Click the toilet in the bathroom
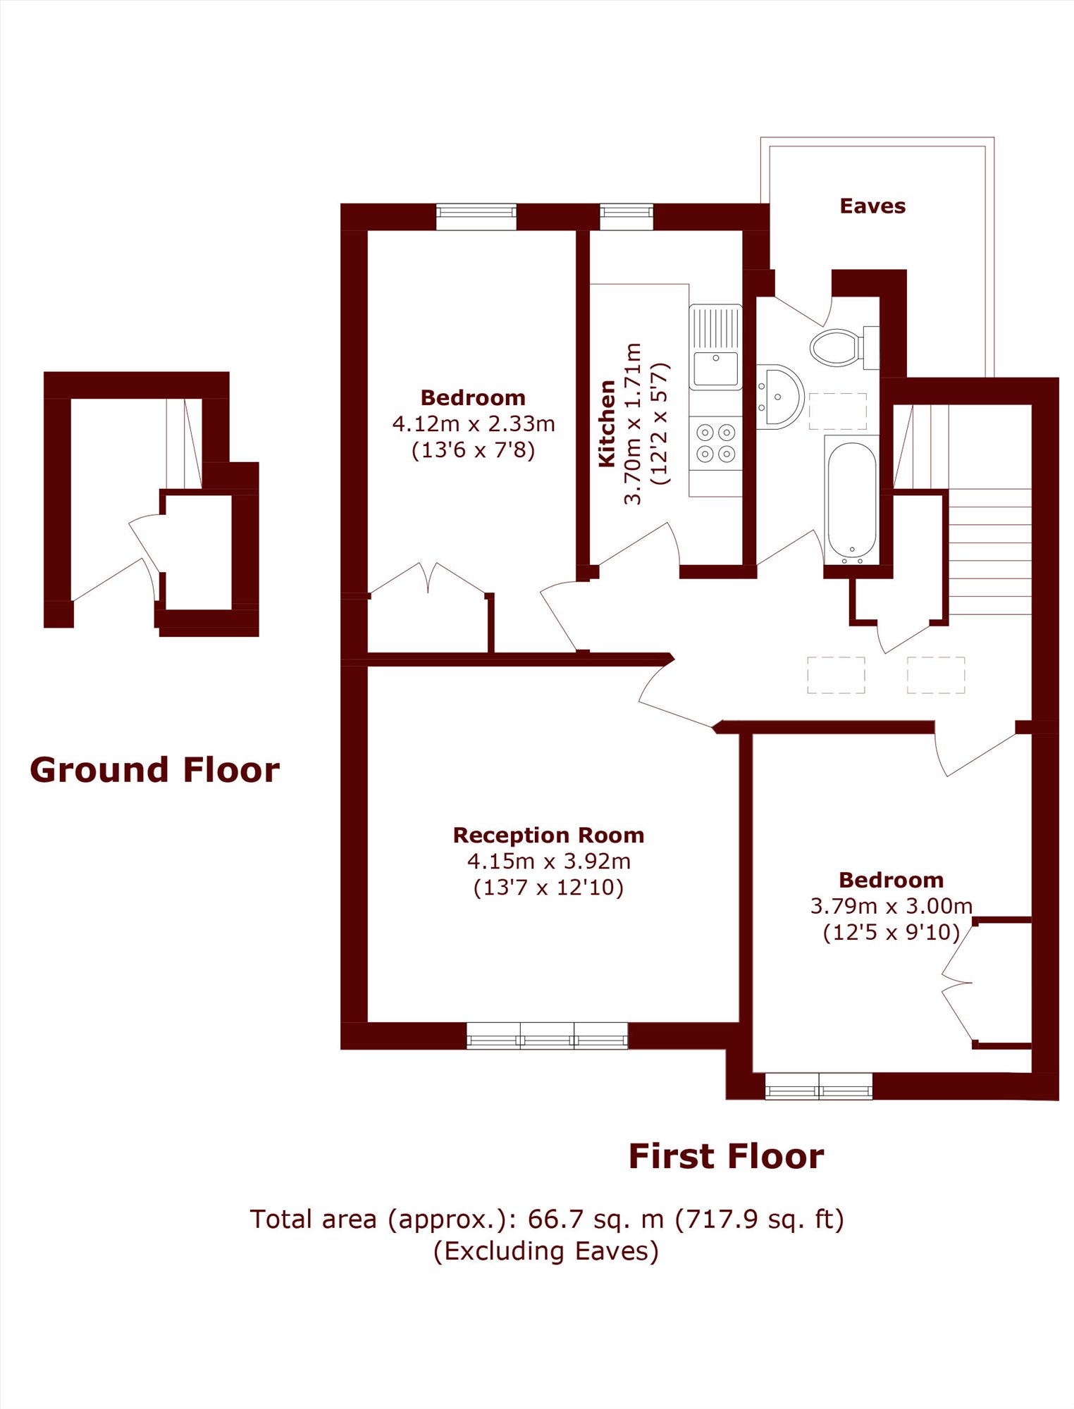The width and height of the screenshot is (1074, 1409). click(x=844, y=347)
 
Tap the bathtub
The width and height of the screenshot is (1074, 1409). click(x=852, y=499)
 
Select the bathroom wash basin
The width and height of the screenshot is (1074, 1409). click(x=779, y=397)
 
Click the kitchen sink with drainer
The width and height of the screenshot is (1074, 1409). click(x=715, y=347)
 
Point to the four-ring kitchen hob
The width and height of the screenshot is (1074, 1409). click(x=715, y=443)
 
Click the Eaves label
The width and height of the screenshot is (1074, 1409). click(x=872, y=206)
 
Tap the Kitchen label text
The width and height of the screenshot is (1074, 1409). click(x=607, y=423)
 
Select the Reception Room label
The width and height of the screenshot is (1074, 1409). click(x=548, y=835)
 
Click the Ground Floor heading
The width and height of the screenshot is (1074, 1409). click(x=154, y=769)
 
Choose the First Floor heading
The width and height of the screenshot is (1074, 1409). click(x=726, y=1156)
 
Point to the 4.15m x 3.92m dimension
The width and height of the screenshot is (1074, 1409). click(x=548, y=861)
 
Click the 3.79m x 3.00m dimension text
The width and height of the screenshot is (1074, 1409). click(x=891, y=906)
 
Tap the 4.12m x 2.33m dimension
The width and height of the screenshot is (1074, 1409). click(x=474, y=423)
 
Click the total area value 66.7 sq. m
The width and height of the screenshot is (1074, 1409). click(x=595, y=1219)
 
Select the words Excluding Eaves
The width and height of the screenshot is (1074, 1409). click(x=546, y=1251)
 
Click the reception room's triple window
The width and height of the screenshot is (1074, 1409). click(x=547, y=1036)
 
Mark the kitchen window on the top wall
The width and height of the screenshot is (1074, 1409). click(x=626, y=216)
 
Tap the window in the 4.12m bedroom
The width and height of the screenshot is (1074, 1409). click(x=476, y=216)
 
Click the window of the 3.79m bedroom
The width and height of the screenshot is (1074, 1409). click(x=818, y=1086)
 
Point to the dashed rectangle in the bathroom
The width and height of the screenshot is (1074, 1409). click(x=837, y=411)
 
